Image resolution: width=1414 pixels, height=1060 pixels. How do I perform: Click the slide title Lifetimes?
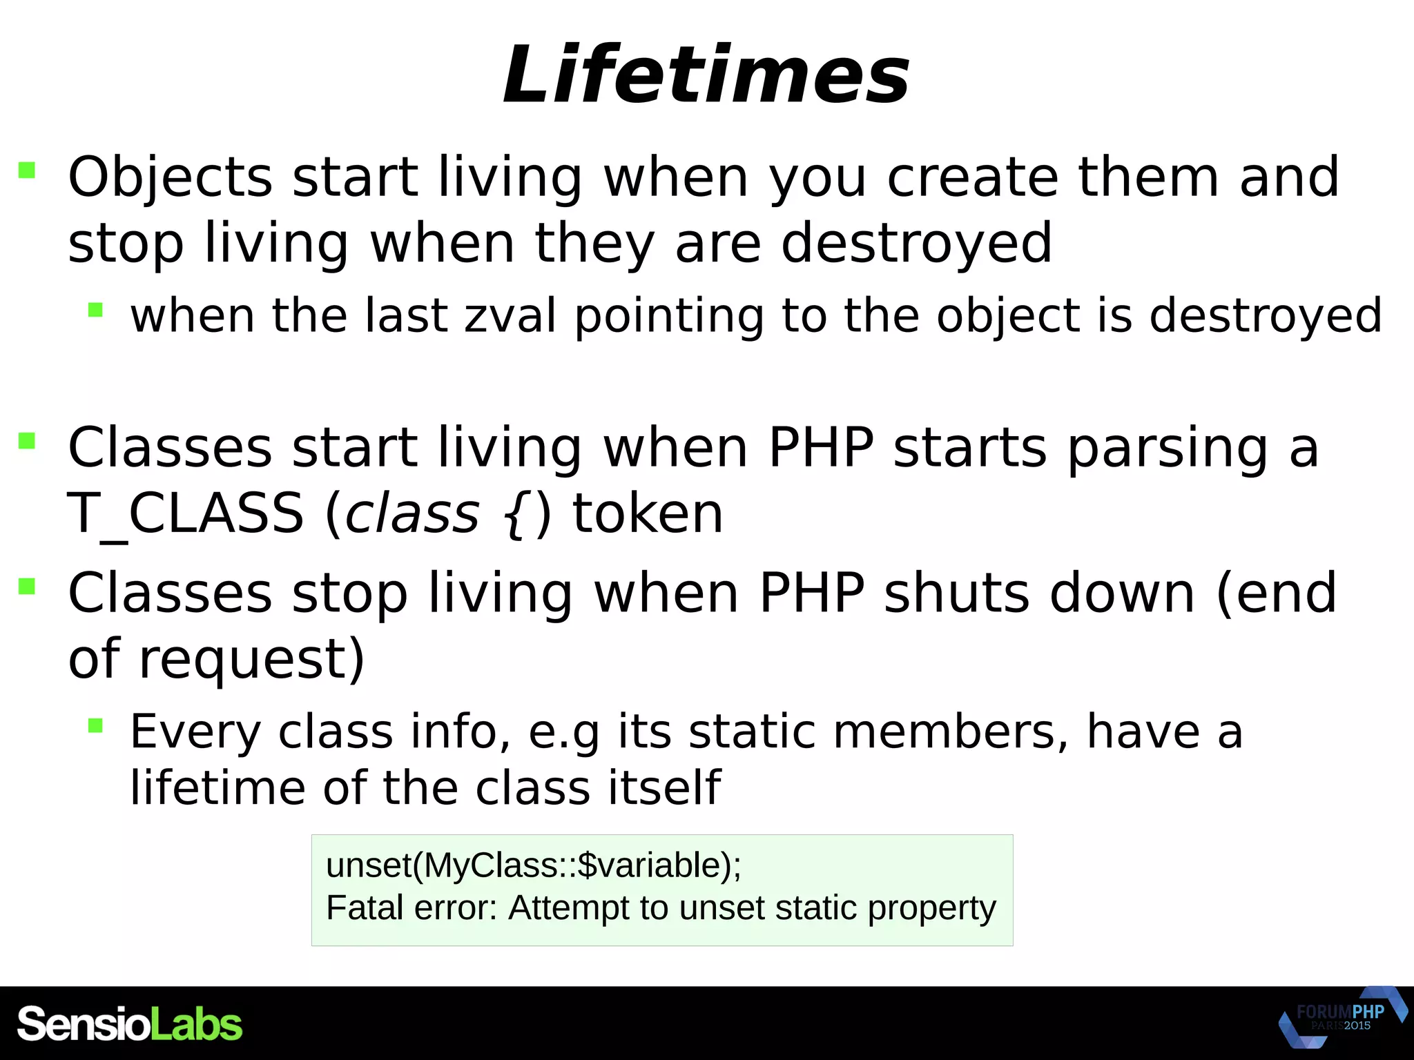click(706, 75)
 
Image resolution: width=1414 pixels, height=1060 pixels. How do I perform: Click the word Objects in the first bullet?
click(170, 178)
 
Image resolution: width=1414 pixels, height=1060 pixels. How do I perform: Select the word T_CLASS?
click(185, 514)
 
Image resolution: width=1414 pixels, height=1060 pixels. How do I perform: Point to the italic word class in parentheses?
click(411, 514)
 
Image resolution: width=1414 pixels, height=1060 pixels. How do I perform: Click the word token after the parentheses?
click(648, 514)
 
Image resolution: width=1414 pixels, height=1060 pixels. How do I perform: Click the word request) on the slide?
click(251, 658)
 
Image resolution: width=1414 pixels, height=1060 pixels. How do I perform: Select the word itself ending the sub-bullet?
click(664, 787)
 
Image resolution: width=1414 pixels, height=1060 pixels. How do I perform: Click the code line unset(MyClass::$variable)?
click(533, 865)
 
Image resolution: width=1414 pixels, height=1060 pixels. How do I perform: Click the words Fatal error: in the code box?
click(411, 907)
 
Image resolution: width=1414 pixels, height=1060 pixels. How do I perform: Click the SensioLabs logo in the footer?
click(129, 1024)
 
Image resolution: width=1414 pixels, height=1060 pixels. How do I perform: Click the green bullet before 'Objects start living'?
click(27, 170)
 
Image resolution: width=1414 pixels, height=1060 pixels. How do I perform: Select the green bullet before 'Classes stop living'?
click(27, 587)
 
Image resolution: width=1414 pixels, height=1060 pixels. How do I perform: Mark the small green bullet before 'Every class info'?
click(95, 725)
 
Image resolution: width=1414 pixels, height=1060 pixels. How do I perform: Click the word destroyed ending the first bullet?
click(916, 244)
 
